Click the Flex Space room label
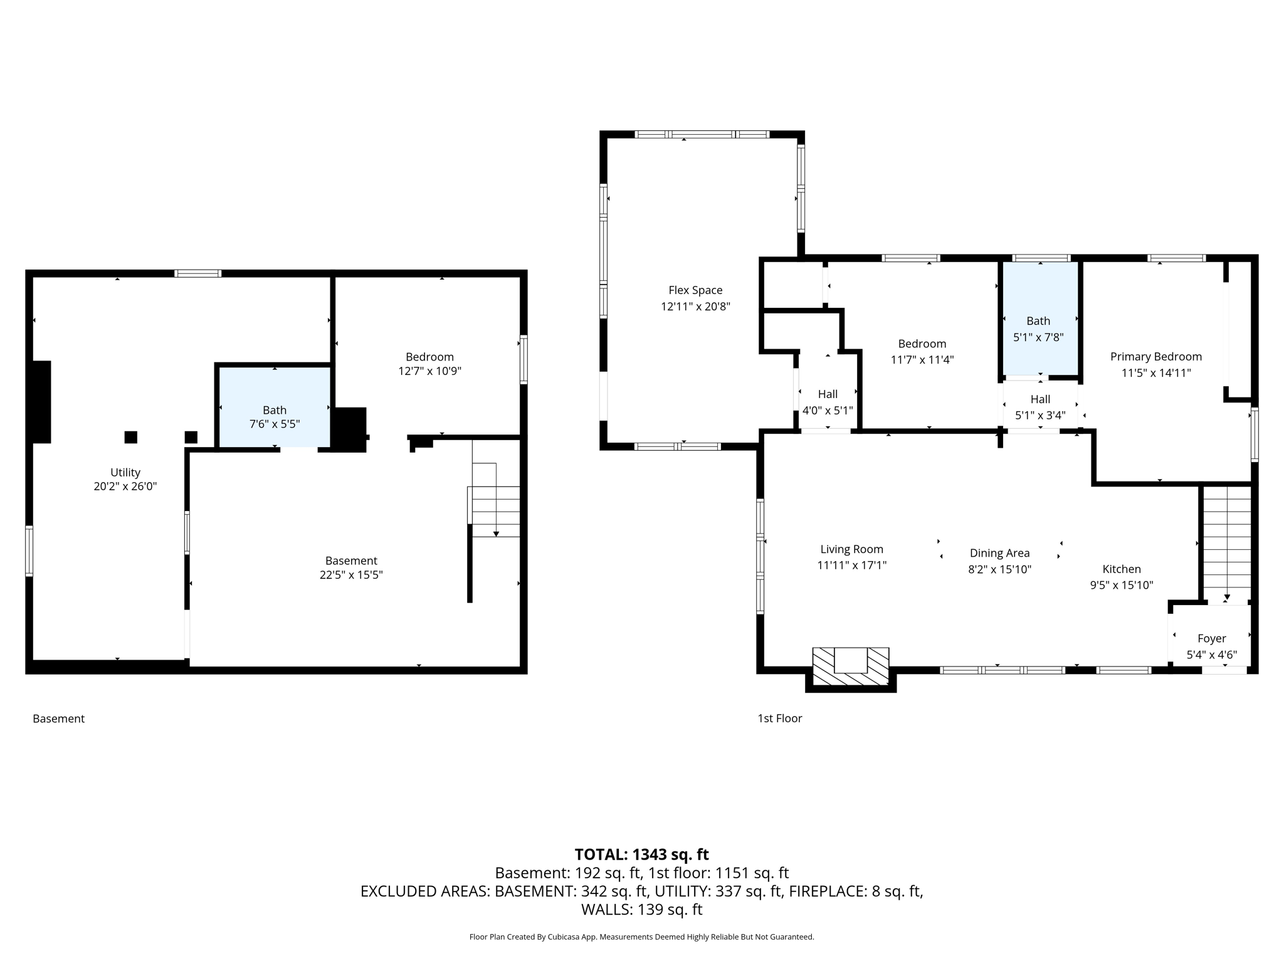695,290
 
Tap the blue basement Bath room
274,406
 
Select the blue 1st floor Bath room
1039,318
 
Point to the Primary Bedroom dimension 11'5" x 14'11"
1156,373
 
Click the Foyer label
1211,639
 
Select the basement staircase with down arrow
495,511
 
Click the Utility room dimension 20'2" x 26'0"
125,487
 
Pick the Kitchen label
1122,569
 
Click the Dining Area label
999,553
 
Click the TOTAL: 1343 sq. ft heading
641,855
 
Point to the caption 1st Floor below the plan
779,718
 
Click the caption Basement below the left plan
58,718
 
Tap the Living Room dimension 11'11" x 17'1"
851,566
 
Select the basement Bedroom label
429,357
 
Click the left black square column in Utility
130,437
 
